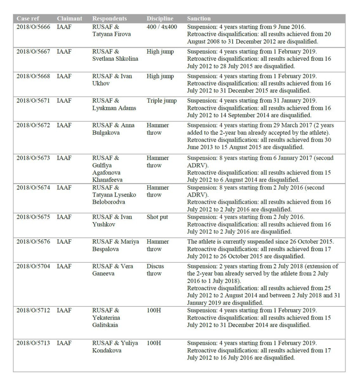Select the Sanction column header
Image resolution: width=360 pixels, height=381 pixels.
pos(199,18)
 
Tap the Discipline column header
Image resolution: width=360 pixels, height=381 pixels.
pos(160,18)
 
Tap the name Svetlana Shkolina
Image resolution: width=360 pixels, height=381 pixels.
pos(115,59)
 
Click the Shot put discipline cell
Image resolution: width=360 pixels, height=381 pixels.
pos(157,217)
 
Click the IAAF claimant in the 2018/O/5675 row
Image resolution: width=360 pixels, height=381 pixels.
pos(65,217)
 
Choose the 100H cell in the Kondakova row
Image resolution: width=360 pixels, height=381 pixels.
pos(154,343)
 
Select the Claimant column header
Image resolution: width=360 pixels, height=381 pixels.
pos(69,18)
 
